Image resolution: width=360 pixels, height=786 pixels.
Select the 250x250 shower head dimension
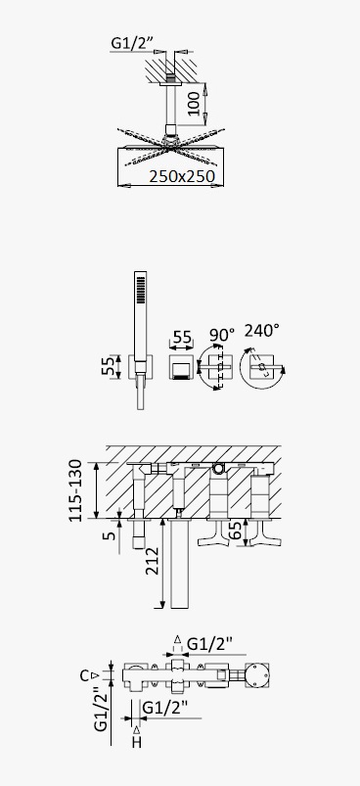pyautogui.click(x=182, y=176)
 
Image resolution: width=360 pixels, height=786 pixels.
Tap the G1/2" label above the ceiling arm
pyautogui.click(x=131, y=44)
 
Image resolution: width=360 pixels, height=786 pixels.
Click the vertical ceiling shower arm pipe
pyautogui.click(x=171, y=105)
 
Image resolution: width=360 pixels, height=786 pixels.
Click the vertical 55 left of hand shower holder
pyautogui.click(x=109, y=366)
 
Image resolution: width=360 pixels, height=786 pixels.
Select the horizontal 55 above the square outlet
pyautogui.click(x=181, y=337)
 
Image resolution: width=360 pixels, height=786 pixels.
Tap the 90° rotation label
pyautogui.click(x=222, y=335)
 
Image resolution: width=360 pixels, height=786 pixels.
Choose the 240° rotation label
pyautogui.click(x=261, y=331)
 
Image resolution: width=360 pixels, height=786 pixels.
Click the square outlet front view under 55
pyautogui.click(x=181, y=367)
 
